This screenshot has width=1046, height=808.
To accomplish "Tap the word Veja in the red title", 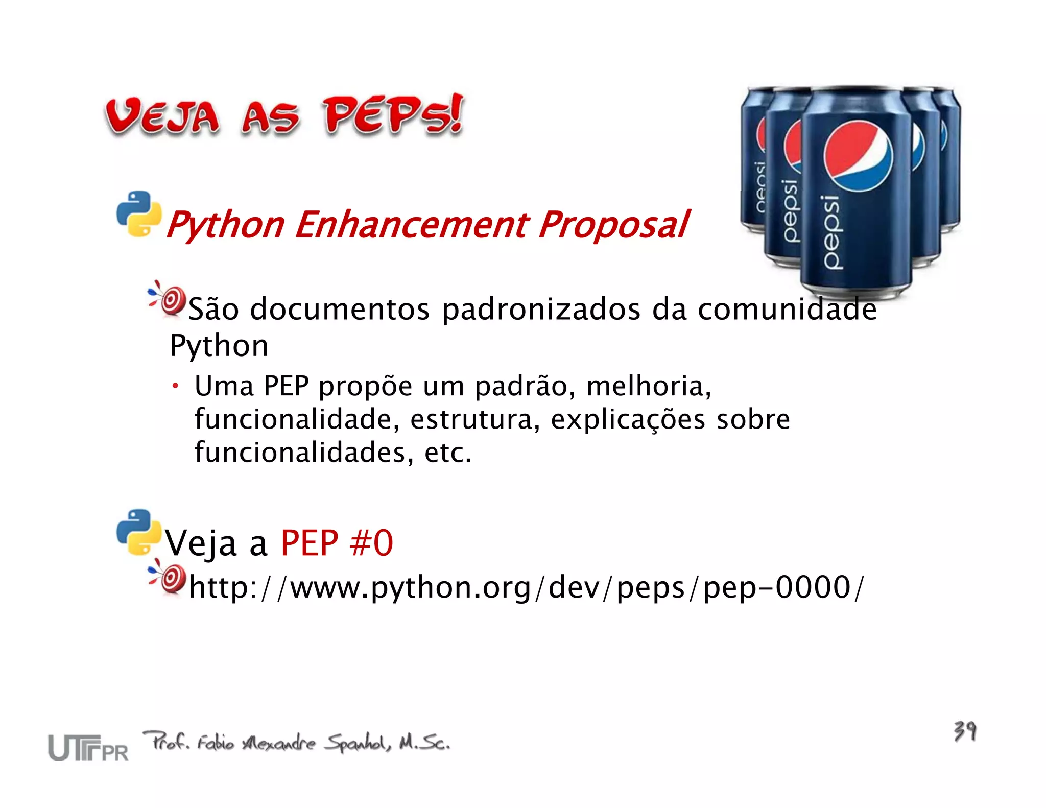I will (x=162, y=116).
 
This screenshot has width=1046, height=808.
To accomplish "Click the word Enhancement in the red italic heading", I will (x=412, y=225).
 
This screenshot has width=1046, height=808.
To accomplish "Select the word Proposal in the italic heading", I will (x=613, y=225).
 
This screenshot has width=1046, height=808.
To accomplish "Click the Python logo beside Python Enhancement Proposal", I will (x=138, y=214).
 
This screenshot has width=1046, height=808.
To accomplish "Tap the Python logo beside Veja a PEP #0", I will (x=138, y=532).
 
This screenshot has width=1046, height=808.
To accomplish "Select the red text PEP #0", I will (x=337, y=542).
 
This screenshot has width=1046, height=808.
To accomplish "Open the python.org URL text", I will (x=526, y=587).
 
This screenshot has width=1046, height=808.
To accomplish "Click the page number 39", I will (x=965, y=731).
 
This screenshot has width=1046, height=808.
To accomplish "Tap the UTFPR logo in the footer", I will (x=88, y=747).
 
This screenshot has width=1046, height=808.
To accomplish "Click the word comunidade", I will (x=787, y=310).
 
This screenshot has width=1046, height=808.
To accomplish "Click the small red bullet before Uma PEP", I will (x=175, y=386).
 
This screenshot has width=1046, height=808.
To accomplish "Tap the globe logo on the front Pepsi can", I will (x=858, y=156).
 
